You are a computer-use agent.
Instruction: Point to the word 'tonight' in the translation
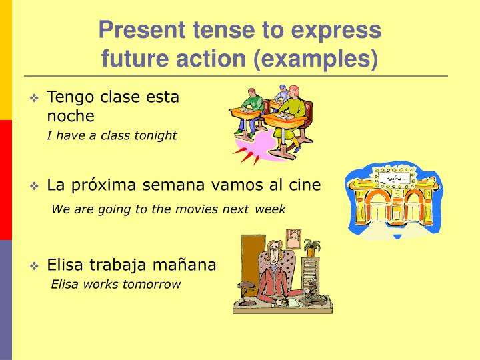pyautogui.click(x=155, y=136)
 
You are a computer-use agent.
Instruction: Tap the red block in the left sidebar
pyautogui.click(x=6, y=180)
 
